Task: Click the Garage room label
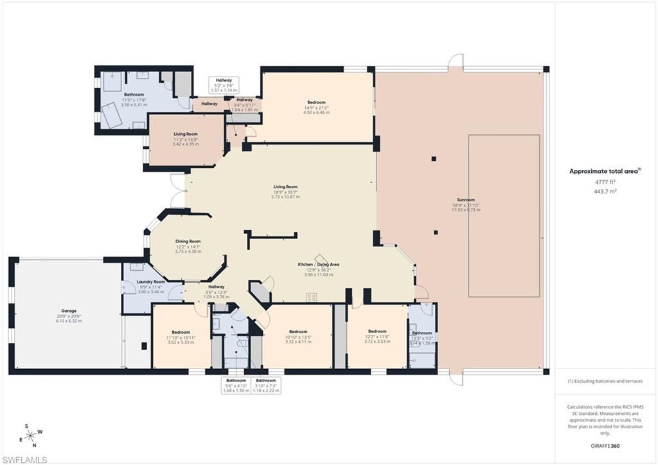pyautogui.click(x=68, y=311)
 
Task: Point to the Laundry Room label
pyautogui.click(x=152, y=282)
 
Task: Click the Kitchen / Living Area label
pyautogui.click(x=318, y=264)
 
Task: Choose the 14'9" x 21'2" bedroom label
pyautogui.click(x=316, y=102)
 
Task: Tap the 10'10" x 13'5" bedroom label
pyautogui.click(x=298, y=332)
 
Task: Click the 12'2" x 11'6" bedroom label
pyautogui.click(x=377, y=331)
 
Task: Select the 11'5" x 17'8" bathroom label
pyautogui.click(x=134, y=95)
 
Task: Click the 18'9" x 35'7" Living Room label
pyautogui.click(x=283, y=187)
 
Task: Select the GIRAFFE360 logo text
pyautogui.click(x=606, y=445)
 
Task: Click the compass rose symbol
pyautogui.click(x=31, y=435)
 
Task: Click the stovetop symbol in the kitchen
pyautogui.click(x=312, y=297)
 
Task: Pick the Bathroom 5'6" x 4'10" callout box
pyautogui.click(x=235, y=385)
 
